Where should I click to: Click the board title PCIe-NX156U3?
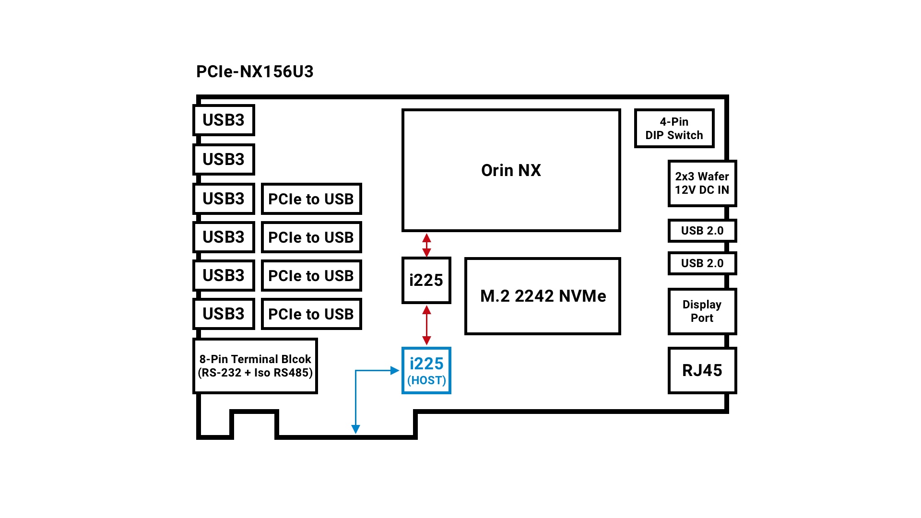[x=255, y=71]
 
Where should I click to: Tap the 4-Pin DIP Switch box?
[x=674, y=128]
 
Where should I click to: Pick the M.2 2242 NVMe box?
[x=543, y=296]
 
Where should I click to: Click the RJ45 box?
[x=702, y=370]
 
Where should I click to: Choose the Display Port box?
[x=702, y=311]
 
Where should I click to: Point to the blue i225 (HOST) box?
[x=426, y=371]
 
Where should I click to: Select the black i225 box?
[x=426, y=280]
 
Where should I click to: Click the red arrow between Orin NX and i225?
[x=426, y=245]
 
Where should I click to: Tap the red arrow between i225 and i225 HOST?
[x=426, y=325]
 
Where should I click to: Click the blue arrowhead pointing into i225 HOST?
[x=395, y=370]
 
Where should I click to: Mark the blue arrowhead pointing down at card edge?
[x=355, y=429]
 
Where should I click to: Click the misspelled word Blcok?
[x=296, y=359]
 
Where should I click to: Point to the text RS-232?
[x=221, y=373]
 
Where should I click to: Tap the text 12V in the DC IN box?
[x=685, y=190]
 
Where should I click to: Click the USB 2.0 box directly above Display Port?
[x=702, y=263]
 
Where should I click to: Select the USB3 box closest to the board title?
[x=224, y=120]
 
